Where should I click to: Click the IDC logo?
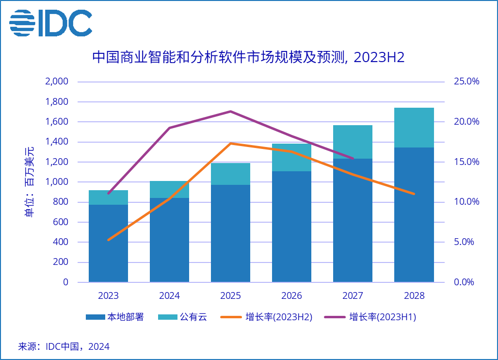(50, 22)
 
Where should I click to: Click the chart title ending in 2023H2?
(248, 57)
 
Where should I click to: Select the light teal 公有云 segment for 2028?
(414, 127)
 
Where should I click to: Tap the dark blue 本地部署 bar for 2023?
(108, 243)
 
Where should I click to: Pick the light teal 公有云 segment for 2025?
(230, 174)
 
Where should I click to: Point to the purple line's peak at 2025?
(230, 111)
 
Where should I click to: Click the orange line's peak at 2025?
(230, 143)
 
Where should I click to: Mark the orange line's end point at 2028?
(414, 194)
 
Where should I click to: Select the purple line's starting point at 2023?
(108, 194)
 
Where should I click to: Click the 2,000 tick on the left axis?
(57, 82)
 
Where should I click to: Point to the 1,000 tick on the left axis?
(57, 182)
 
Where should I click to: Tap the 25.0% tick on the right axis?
(466, 82)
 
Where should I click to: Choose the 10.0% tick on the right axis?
(466, 202)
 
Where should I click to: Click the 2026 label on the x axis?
(291, 295)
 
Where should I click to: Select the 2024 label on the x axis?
(169, 295)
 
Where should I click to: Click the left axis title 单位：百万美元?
(30, 181)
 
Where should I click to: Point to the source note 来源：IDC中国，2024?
(64, 347)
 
